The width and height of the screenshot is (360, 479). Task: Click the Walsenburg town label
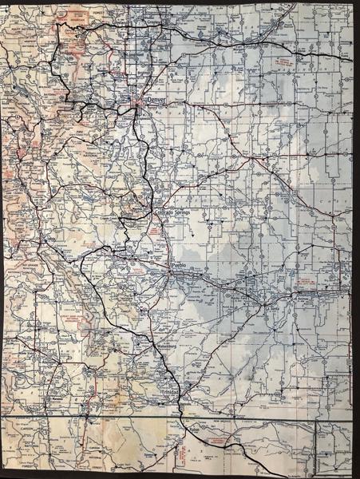pyautogui.click(x=160, y=346)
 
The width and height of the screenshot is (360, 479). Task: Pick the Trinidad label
pyautogui.click(x=170, y=394)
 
